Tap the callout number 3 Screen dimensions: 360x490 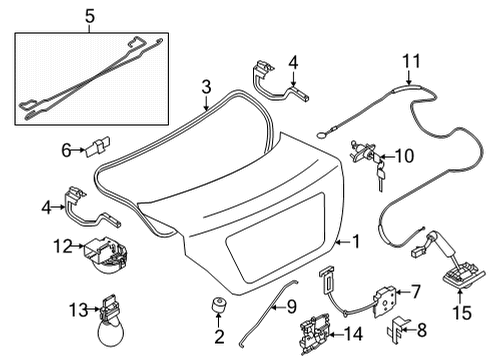pyautogui.click(x=205, y=86)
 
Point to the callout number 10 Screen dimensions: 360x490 pyautogui.click(x=404, y=155)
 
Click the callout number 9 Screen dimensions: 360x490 pyautogui.click(x=281, y=306)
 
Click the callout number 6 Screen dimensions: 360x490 pyautogui.click(x=67, y=149)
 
